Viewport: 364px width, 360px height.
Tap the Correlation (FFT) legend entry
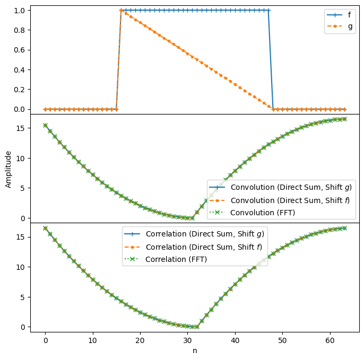click(x=176, y=259)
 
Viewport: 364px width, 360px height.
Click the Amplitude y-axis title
click(x=8, y=169)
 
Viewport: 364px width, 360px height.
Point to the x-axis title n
click(x=195, y=350)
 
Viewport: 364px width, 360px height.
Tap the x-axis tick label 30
click(x=188, y=340)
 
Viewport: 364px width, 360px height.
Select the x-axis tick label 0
click(x=45, y=340)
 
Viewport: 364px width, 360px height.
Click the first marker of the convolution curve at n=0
click(x=45, y=125)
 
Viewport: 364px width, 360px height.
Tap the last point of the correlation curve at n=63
click(x=344, y=228)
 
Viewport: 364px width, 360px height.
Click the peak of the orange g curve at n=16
click(x=121, y=10)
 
